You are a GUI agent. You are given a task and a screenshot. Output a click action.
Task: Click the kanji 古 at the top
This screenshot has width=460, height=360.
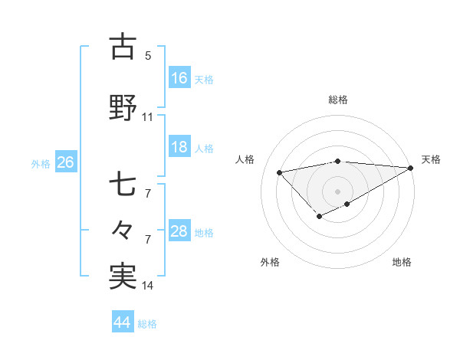click(123, 47)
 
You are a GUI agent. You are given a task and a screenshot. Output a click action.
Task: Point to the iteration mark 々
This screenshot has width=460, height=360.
click(123, 229)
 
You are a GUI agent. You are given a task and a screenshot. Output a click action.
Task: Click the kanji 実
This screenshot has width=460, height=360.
click(123, 275)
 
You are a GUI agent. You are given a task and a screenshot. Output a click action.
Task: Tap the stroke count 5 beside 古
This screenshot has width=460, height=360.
click(148, 55)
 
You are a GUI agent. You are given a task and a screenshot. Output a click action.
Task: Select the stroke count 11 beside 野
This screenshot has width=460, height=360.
click(148, 117)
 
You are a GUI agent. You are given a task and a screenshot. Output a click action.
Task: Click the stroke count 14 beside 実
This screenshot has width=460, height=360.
click(148, 286)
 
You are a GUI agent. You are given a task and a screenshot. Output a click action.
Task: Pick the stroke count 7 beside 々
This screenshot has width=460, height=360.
click(148, 239)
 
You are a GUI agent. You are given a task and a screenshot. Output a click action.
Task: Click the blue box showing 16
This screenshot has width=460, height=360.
click(179, 78)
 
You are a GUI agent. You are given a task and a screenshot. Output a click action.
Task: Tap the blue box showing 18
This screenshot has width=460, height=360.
click(179, 147)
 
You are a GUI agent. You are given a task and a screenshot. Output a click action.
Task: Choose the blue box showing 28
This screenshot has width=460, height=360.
click(179, 231)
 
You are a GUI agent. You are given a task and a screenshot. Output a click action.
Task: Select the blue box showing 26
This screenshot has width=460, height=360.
click(65, 162)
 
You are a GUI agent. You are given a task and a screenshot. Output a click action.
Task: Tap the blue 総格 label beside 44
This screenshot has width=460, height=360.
click(147, 324)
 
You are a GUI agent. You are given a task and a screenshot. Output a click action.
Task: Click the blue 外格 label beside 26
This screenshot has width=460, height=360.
click(40, 164)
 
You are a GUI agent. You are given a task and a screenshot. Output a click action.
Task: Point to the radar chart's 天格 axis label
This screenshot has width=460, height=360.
click(431, 159)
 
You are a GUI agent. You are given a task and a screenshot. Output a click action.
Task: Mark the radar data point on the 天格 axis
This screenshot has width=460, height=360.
click(412, 169)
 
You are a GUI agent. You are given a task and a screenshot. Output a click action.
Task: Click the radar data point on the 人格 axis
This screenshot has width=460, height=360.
click(279, 172)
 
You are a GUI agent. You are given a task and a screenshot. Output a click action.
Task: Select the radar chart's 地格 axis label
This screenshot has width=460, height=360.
click(402, 262)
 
